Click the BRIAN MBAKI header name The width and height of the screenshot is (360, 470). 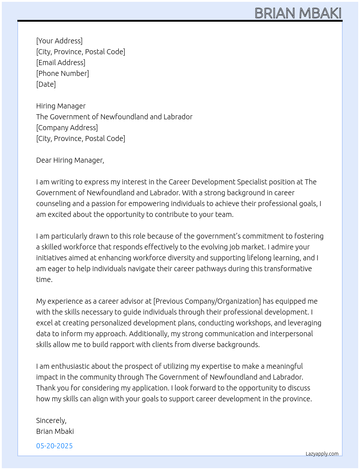coord(298,13)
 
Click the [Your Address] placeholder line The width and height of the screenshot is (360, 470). coord(59,41)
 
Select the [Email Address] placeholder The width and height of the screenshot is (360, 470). coord(61,63)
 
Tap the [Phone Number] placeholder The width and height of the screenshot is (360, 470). coord(63,73)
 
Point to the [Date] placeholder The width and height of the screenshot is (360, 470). coord(46,84)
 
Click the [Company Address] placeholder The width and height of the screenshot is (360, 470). coord(67,128)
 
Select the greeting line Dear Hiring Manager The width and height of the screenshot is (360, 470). coord(70,160)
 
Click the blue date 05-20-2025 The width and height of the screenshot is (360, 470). coord(54,446)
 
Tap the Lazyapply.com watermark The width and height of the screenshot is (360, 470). coord(322,454)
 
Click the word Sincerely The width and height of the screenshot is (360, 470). coord(51,420)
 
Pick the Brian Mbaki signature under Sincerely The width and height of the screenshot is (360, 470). coord(55,431)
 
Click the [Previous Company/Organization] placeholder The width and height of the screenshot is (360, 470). coord(207,301)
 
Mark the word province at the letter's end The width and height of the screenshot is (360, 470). coord(296,399)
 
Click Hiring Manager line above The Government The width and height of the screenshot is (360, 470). coord(61,106)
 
